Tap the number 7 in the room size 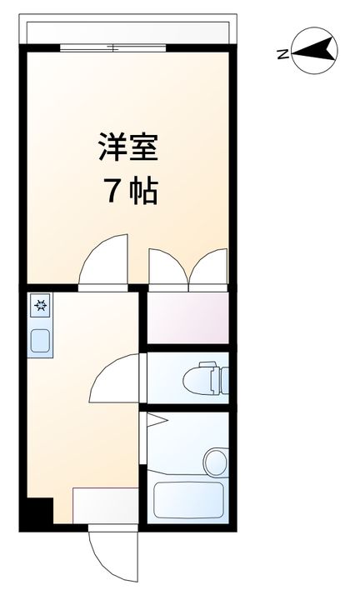(110, 193)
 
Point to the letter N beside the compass (283, 55)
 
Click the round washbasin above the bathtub (215, 459)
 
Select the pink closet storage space (187, 317)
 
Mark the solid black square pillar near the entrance (37, 511)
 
